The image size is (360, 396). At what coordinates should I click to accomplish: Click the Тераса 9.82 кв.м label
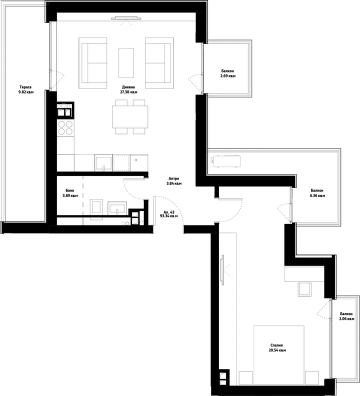tap(26, 89)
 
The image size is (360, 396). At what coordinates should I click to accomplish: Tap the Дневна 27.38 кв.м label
tap(128, 89)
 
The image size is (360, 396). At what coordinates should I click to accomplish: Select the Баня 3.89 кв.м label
tap(69, 193)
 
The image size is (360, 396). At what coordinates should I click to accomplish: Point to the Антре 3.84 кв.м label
tap(174, 181)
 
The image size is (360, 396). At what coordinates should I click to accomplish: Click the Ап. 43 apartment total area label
tap(169, 214)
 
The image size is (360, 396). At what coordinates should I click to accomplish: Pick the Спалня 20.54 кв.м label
tap(277, 348)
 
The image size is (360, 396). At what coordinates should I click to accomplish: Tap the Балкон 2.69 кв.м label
tap(228, 73)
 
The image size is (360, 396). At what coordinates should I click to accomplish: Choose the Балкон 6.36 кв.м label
tap(317, 193)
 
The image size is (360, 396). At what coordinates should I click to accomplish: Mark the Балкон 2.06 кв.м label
tap(346, 316)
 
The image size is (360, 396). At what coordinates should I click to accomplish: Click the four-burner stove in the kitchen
tap(65, 128)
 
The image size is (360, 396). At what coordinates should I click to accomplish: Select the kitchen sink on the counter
tap(103, 163)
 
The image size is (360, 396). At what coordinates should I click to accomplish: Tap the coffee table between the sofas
tap(126, 63)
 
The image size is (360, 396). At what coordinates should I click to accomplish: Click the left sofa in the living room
tap(92, 63)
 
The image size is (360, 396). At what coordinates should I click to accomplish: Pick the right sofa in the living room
tap(159, 63)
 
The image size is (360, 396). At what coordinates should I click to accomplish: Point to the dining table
tap(130, 116)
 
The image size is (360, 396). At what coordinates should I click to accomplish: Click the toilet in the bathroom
tap(96, 207)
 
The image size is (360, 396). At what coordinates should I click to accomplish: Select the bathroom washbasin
tap(117, 208)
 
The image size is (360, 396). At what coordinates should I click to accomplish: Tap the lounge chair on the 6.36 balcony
tap(226, 161)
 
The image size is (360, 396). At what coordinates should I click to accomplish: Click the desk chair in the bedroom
tap(304, 289)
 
